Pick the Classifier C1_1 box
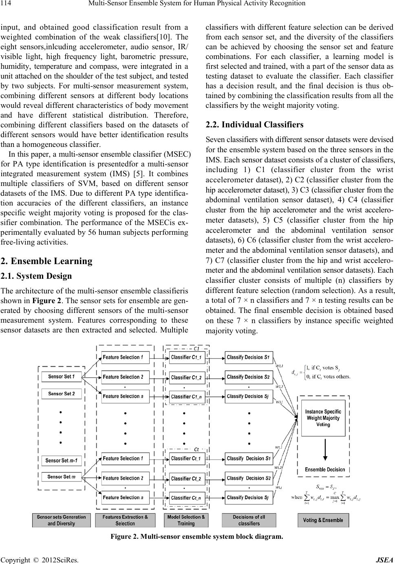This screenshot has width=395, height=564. [186, 357]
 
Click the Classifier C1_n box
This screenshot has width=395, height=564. [186, 396]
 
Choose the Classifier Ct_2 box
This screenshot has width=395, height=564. [186, 479]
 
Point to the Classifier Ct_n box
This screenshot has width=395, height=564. [186, 498]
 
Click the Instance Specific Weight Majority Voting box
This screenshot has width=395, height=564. [323, 418]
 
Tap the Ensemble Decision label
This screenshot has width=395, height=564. [325, 470]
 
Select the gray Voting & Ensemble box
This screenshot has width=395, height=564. [323, 520]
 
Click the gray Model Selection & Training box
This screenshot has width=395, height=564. [186, 520]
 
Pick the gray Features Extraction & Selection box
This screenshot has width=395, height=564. [125, 520]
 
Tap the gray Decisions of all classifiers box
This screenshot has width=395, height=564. [249, 520]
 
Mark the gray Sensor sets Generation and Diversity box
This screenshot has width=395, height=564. [62, 520]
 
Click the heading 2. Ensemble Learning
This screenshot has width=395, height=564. [47, 261]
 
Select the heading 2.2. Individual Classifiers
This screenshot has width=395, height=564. [255, 125]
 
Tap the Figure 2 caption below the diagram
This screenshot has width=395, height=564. [196, 536]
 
